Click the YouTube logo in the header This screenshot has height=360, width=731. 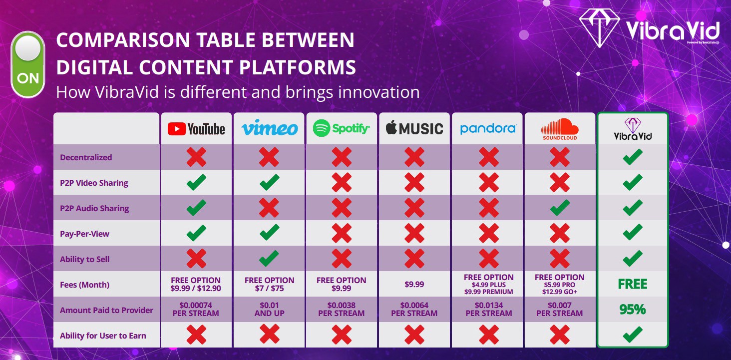(x=196, y=129)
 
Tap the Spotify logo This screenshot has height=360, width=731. (x=342, y=129)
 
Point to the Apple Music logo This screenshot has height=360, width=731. (x=414, y=129)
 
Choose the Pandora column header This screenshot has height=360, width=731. (x=488, y=129)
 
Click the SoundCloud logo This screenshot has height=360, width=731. (x=559, y=129)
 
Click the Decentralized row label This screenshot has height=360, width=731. (x=86, y=158)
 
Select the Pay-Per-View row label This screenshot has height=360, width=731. (x=84, y=234)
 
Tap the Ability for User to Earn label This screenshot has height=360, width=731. (x=103, y=336)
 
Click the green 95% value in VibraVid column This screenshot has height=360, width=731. (x=632, y=310)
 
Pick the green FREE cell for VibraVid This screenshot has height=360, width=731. (x=632, y=284)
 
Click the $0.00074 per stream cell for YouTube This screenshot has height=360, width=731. (x=196, y=310)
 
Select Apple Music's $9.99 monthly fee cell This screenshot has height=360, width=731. (x=414, y=284)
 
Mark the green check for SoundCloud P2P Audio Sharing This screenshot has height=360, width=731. (x=559, y=208)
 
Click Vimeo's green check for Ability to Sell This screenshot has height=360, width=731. (x=269, y=259)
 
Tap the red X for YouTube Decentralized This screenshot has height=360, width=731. (x=196, y=157)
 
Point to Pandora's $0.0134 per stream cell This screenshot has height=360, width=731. (x=488, y=310)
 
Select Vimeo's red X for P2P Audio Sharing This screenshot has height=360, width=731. (x=269, y=208)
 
